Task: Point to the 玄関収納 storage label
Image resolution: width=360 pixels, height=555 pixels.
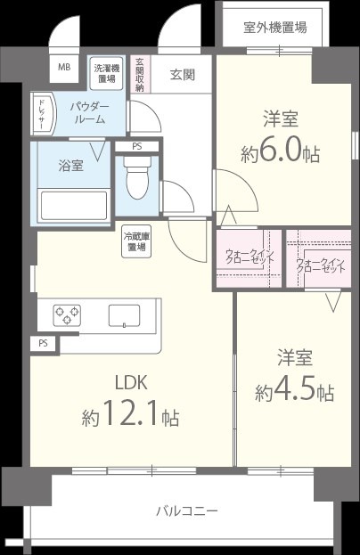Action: click(140, 75)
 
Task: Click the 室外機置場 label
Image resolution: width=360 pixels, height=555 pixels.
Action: click(274, 27)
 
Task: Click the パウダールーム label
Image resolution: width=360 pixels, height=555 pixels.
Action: click(90, 113)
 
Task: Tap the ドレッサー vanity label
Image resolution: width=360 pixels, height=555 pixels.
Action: click(41, 113)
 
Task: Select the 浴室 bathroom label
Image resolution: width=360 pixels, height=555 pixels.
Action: click(71, 165)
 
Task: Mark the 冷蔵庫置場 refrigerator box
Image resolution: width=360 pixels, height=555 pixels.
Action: click(136, 241)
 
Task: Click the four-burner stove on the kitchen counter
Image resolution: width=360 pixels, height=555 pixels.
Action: click(65, 314)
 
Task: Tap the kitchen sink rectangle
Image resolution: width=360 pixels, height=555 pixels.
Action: click(123, 315)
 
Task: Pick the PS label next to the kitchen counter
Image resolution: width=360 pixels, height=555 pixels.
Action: click(43, 342)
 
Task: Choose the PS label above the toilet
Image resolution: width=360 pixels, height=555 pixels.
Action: click(136, 146)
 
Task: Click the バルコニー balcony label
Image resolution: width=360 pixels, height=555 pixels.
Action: click(187, 510)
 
